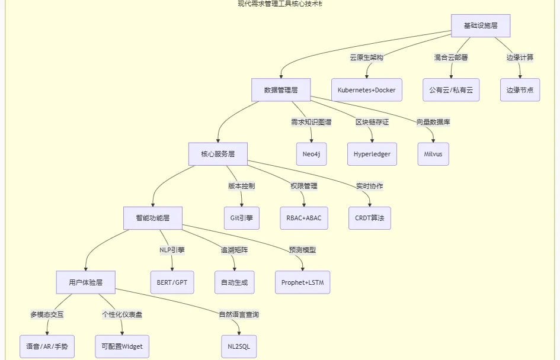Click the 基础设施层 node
point(480,26)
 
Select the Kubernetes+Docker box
point(366,90)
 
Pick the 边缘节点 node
point(520,90)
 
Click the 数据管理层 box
point(280,90)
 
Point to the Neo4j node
point(311,154)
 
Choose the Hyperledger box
point(372,154)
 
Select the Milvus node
point(433,154)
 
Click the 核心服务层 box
point(217,154)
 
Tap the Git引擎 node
point(241,218)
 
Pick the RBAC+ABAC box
point(303,218)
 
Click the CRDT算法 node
point(369,218)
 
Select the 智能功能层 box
point(152,218)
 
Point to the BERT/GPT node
point(172,282)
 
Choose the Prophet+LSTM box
point(302,282)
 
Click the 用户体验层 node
point(85,282)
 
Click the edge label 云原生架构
point(366,58)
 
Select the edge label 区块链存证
point(372,122)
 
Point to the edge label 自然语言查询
point(239,314)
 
